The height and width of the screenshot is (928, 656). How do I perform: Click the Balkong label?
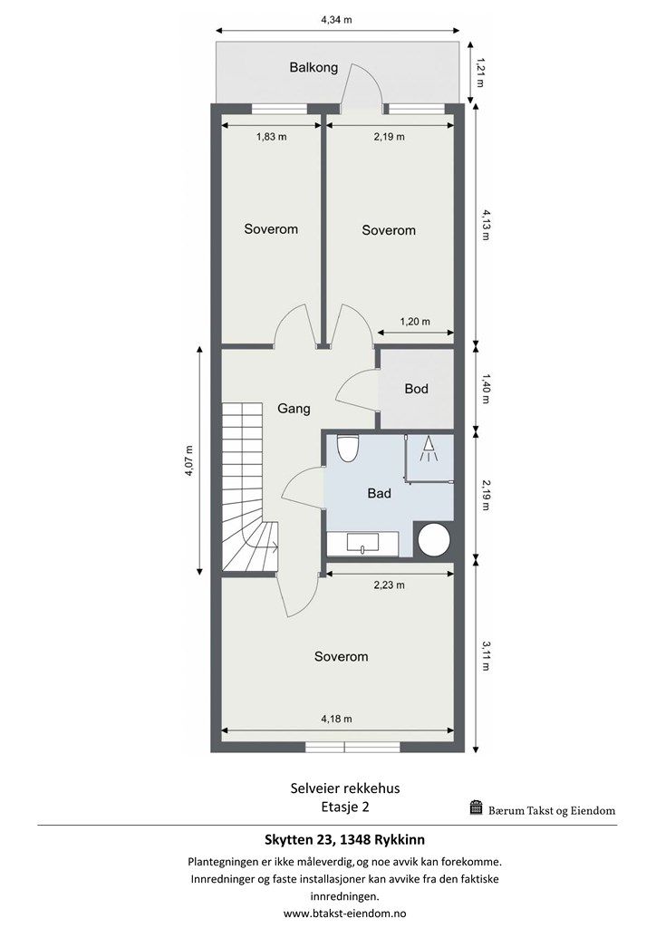pos(314,67)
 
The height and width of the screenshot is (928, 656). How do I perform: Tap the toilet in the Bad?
pos(347,448)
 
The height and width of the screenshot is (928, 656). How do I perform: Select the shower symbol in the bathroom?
pos(429,449)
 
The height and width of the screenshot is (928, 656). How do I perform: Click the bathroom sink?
pos(362,544)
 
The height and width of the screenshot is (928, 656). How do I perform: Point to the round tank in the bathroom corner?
pos(435,540)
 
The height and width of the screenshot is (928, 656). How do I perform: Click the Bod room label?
pos(417,389)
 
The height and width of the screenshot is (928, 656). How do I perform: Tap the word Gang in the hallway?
pos(294,409)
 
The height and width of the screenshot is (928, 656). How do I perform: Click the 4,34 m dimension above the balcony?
pos(336,20)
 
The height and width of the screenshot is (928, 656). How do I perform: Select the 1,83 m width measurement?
pos(272,137)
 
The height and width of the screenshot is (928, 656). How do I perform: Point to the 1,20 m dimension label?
pos(415,322)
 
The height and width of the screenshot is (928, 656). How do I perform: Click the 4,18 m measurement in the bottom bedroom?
pos(336,719)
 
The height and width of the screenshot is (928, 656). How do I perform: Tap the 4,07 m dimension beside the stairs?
pos(188,460)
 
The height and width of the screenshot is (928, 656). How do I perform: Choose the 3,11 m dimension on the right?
pos(486,656)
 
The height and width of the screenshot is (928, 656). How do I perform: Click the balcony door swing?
pos(362,87)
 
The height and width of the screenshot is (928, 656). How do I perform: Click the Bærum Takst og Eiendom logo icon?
pos(477,807)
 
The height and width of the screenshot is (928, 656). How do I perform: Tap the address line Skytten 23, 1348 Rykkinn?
pos(343,840)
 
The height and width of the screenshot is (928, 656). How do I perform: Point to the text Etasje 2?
pos(345,806)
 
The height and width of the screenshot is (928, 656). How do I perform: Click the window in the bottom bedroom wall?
pos(344,748)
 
